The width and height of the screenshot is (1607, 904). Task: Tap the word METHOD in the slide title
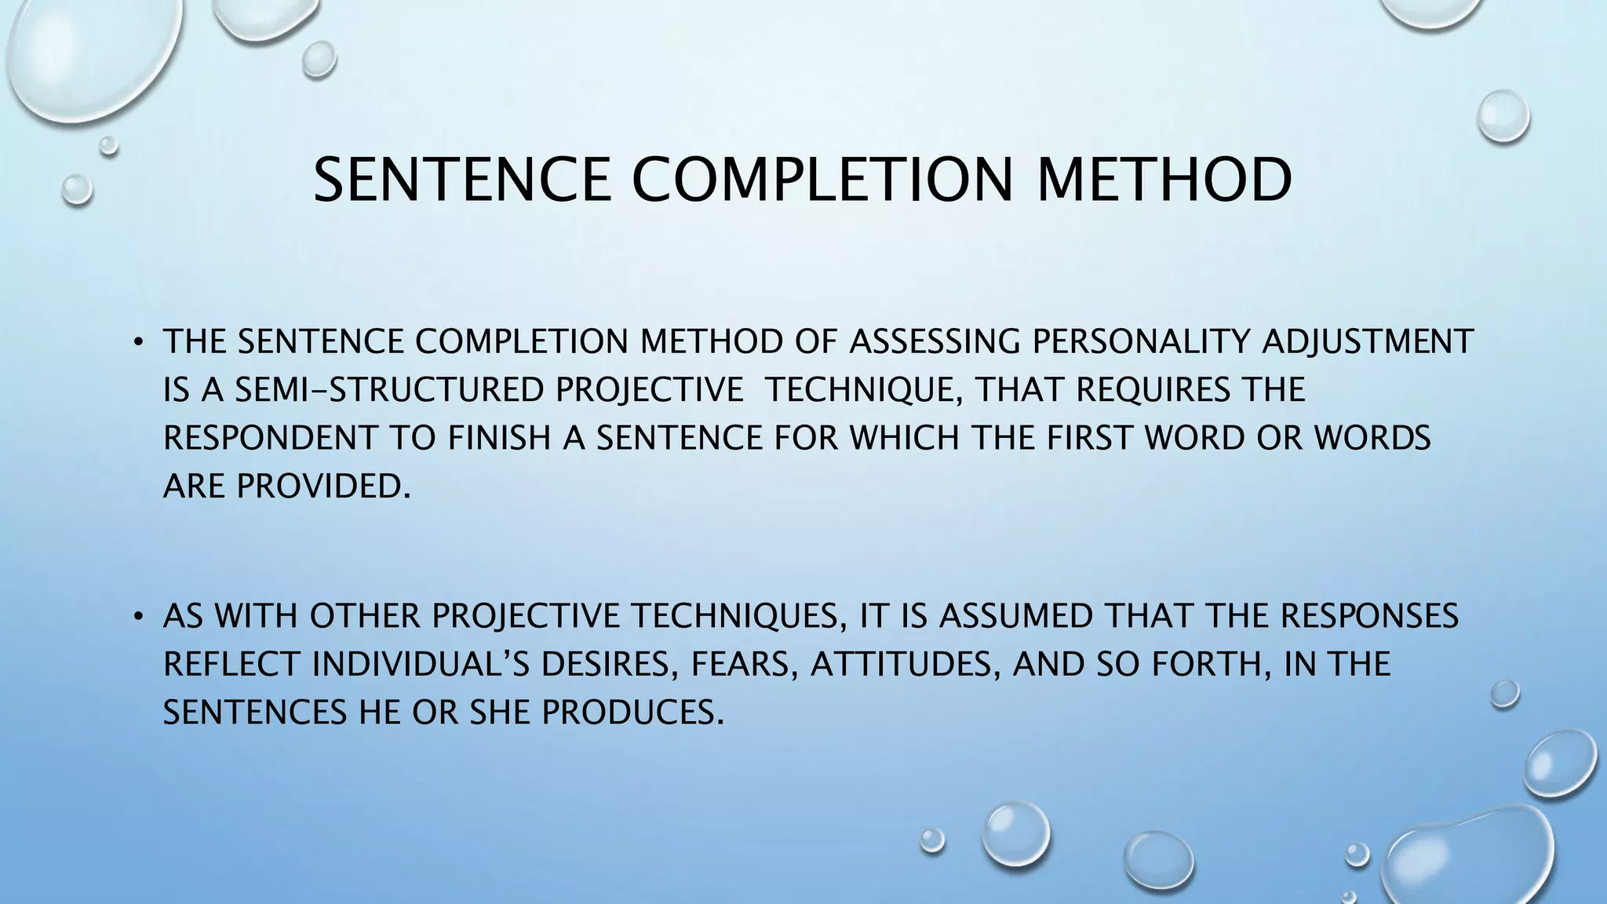(x=1164, y=180)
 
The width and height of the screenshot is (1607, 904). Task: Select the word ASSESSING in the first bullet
(x=935, y=342)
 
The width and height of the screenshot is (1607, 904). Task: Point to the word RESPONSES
(x=1369, y=616)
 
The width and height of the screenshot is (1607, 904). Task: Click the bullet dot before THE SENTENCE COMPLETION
(x=138, y=342)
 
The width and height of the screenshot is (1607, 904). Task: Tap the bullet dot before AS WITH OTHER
(x=138, y=616)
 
